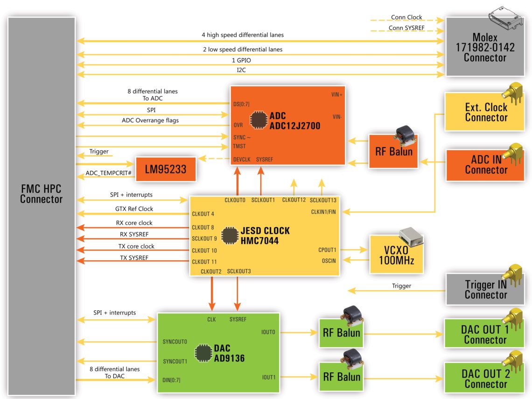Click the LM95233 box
click(166, 169)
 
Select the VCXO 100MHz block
click(396, 254)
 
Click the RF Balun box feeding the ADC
click(393, 151)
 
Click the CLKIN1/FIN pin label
click(323, 212)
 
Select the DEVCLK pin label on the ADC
click(242, 160)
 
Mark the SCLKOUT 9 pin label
click(204, 238)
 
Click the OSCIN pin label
click(329, 261)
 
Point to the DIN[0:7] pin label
click(172, 380)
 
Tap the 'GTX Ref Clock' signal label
click(134, 209)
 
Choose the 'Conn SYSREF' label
click(405, 28)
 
